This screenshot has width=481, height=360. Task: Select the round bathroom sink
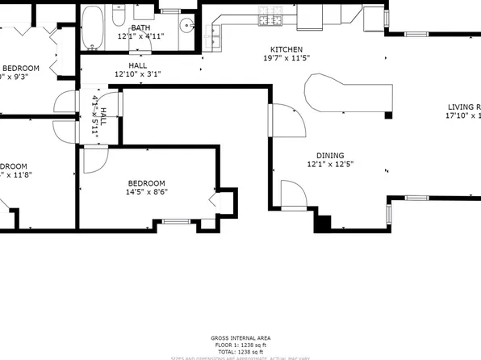(x=185, y=25)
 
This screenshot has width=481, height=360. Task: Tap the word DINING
(x=330, y=156)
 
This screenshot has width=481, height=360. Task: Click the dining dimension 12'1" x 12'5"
(x=330, y=165)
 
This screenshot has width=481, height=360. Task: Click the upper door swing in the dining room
(x=287, y=121)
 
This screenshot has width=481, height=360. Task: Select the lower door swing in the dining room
(x=291, y=194)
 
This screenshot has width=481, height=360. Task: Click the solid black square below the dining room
(x=324, y=224)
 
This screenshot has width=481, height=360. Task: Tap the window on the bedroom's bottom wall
(x=175, y=221)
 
